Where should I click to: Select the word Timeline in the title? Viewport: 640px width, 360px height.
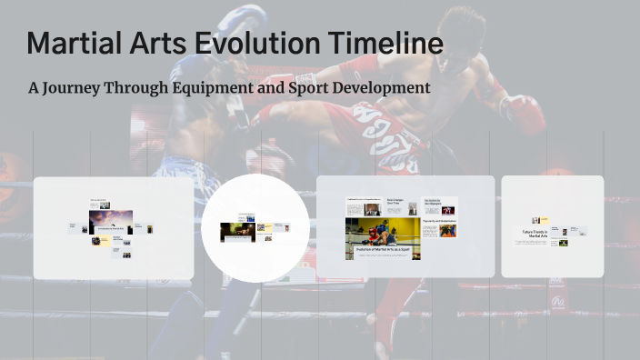386,43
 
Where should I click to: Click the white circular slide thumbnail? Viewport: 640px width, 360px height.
248,223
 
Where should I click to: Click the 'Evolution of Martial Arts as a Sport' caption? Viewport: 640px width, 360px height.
382,250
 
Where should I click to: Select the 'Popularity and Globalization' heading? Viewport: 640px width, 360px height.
439,220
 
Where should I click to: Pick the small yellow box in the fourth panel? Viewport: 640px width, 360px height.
536,220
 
